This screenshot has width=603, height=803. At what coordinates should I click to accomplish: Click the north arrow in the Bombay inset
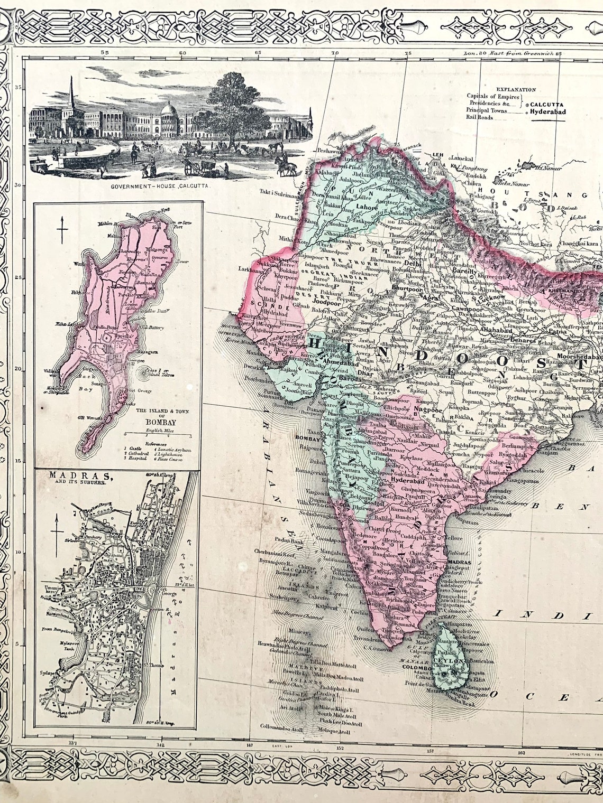(63, 230)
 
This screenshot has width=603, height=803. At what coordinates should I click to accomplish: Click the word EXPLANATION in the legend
(516, 90)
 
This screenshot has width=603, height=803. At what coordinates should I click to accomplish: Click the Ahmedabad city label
(343, 363)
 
